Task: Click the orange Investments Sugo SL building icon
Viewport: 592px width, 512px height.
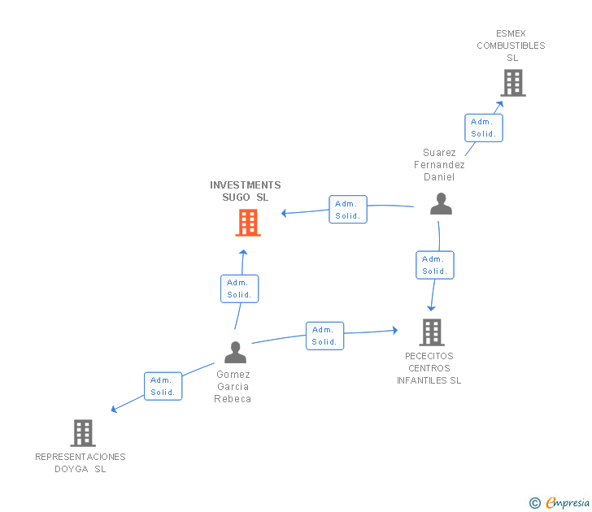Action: tap(248, 223)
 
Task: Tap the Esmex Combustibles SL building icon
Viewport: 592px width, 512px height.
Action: tap(512, 83)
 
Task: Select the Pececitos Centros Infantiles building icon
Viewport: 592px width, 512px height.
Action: tap(432, 332)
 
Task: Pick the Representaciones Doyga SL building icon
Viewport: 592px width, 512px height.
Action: tap(83, 433)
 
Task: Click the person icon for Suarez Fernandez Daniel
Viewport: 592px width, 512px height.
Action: tap(441, 204)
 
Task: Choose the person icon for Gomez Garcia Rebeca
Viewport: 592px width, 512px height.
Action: tap(235, 353)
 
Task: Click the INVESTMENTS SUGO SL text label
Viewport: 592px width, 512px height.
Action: tap(246, 191)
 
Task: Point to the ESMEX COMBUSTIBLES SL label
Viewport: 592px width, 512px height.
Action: tap(511, 46)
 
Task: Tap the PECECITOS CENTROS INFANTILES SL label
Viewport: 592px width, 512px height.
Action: tap(429, 368)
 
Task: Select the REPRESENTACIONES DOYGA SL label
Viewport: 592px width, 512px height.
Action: tap(81, 462)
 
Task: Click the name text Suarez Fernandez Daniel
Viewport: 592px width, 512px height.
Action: tap(439, 165)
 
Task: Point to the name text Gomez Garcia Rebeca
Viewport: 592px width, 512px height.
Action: tap(233, 387)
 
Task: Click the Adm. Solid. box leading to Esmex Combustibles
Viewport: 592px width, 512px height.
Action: tap(484, 128)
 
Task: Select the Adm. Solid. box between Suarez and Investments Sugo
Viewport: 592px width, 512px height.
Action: tap(348, 209)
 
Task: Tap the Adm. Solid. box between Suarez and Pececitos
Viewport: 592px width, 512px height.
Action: tap(435, 265)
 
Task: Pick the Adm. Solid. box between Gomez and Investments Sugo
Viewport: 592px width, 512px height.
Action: tap(240, 289)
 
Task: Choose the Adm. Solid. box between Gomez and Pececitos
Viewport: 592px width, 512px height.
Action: tap(324, 336)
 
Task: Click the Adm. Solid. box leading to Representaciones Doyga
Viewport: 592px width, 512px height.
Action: tap(163, 386)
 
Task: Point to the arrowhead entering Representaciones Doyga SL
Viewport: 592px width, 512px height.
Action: tap(114, 409)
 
